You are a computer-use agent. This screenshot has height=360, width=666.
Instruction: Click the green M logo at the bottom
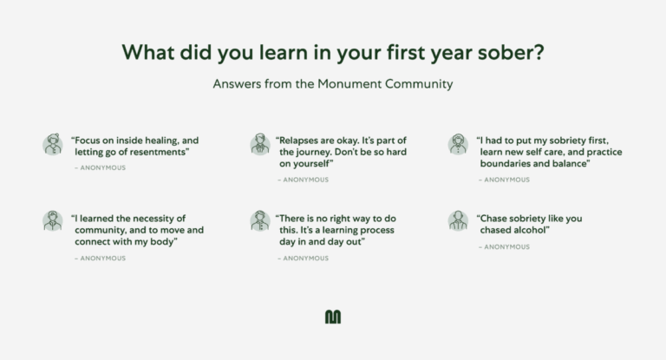(333, 317)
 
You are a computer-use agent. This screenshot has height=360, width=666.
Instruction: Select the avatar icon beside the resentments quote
(53, 144)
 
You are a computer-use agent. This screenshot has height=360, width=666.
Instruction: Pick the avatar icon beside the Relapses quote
(260, 144)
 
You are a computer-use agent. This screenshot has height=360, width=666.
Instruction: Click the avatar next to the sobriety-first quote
(458, 144)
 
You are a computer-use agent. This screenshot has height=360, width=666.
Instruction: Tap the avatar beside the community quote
(53, 220)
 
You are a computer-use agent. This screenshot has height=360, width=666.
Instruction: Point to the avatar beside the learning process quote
(260, 220)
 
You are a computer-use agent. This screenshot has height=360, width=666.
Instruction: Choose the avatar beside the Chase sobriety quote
(458, 220)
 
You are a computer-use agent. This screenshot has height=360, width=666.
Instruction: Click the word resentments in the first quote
(155, 152)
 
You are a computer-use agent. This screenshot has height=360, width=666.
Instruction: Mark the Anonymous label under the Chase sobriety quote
(506, 247)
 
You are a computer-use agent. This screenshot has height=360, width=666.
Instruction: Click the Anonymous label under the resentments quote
(102, 167)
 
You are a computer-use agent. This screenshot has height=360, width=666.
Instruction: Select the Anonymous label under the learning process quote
(305, 258)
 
